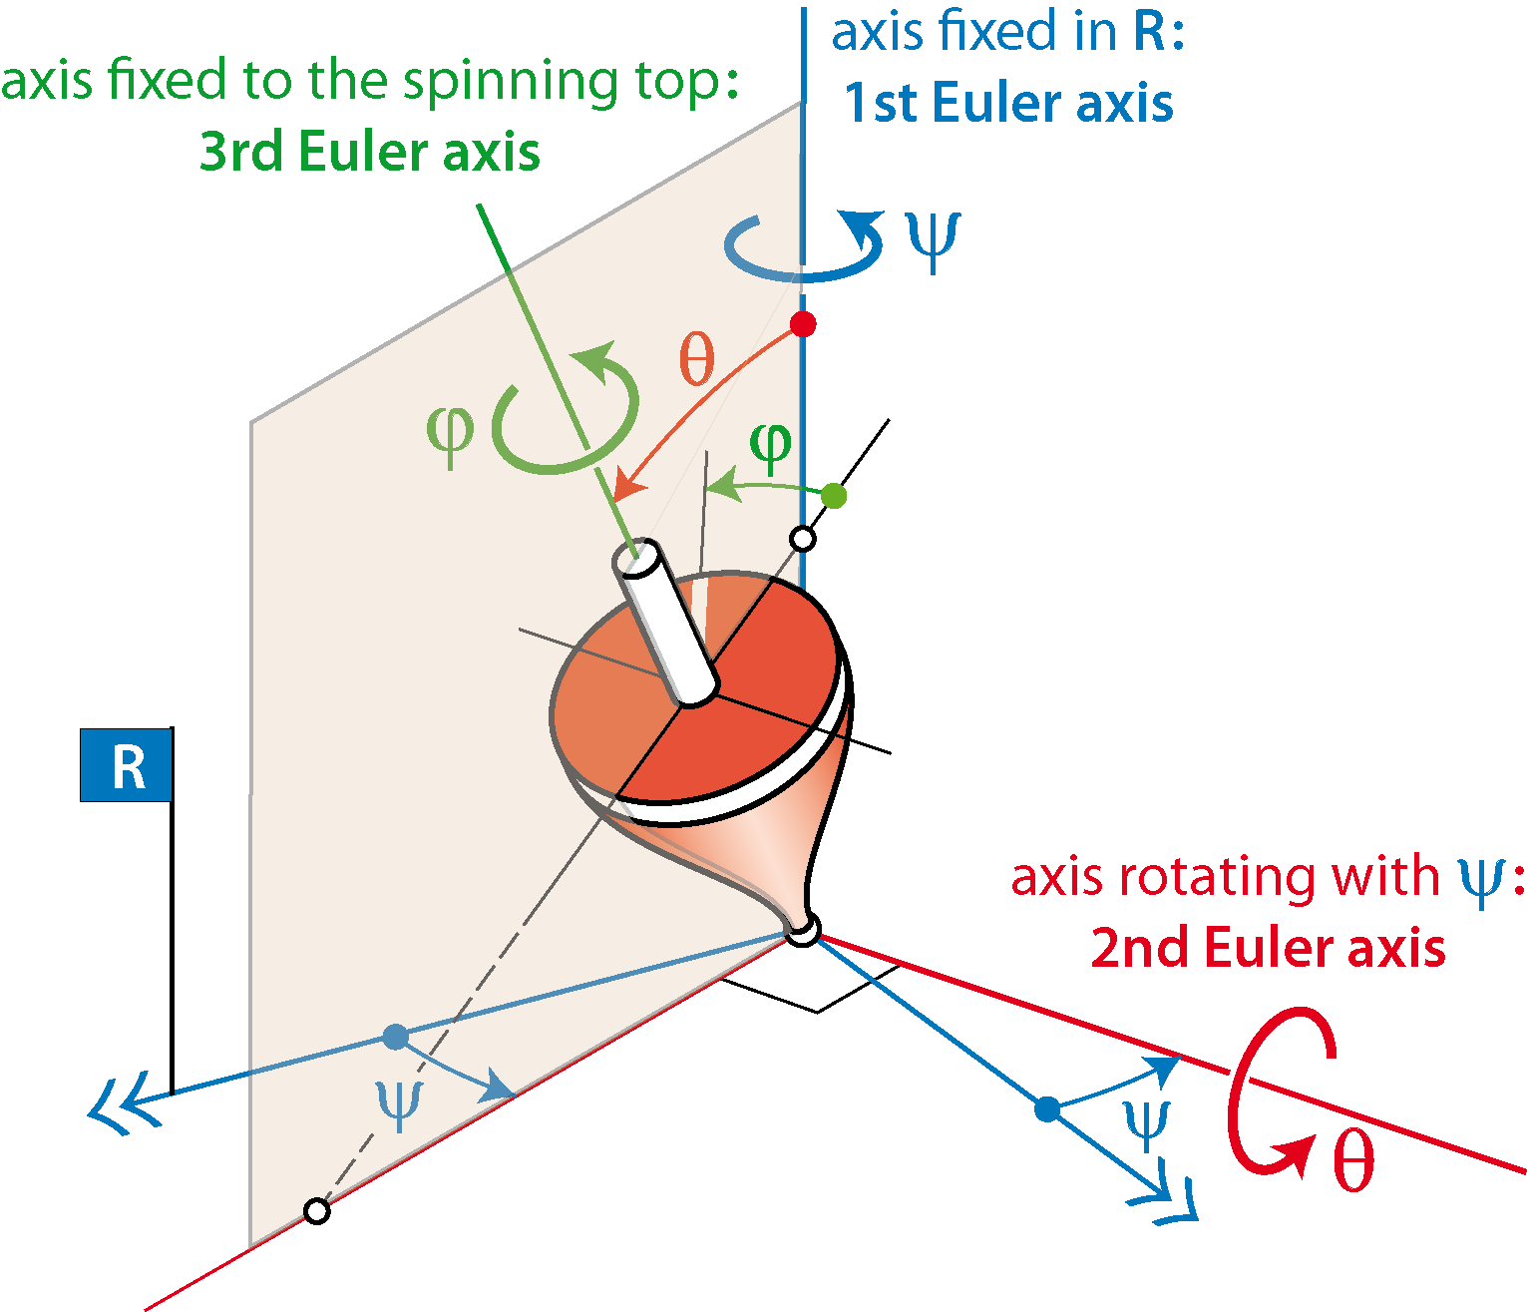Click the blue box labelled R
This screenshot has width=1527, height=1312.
(127, 765)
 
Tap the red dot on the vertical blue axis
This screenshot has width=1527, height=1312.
(803, 323)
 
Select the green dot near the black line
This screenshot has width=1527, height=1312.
(834, 495)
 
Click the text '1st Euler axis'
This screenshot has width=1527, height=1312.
(1009, 103)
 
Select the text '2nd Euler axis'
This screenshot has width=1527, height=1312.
(1268, 948)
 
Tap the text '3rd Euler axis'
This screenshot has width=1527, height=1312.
(369, 152)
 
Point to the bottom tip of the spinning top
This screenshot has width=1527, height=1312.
(803, 929)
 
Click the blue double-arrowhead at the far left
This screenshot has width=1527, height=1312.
(124, 1106)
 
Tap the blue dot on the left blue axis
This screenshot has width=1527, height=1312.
(396, 1037)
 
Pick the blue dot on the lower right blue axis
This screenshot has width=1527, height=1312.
(1047, 1109)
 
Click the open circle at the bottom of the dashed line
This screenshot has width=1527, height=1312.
(317, 1211)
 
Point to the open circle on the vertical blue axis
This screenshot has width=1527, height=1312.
(803, 539)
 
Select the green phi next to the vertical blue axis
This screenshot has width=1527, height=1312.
(771, 446)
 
